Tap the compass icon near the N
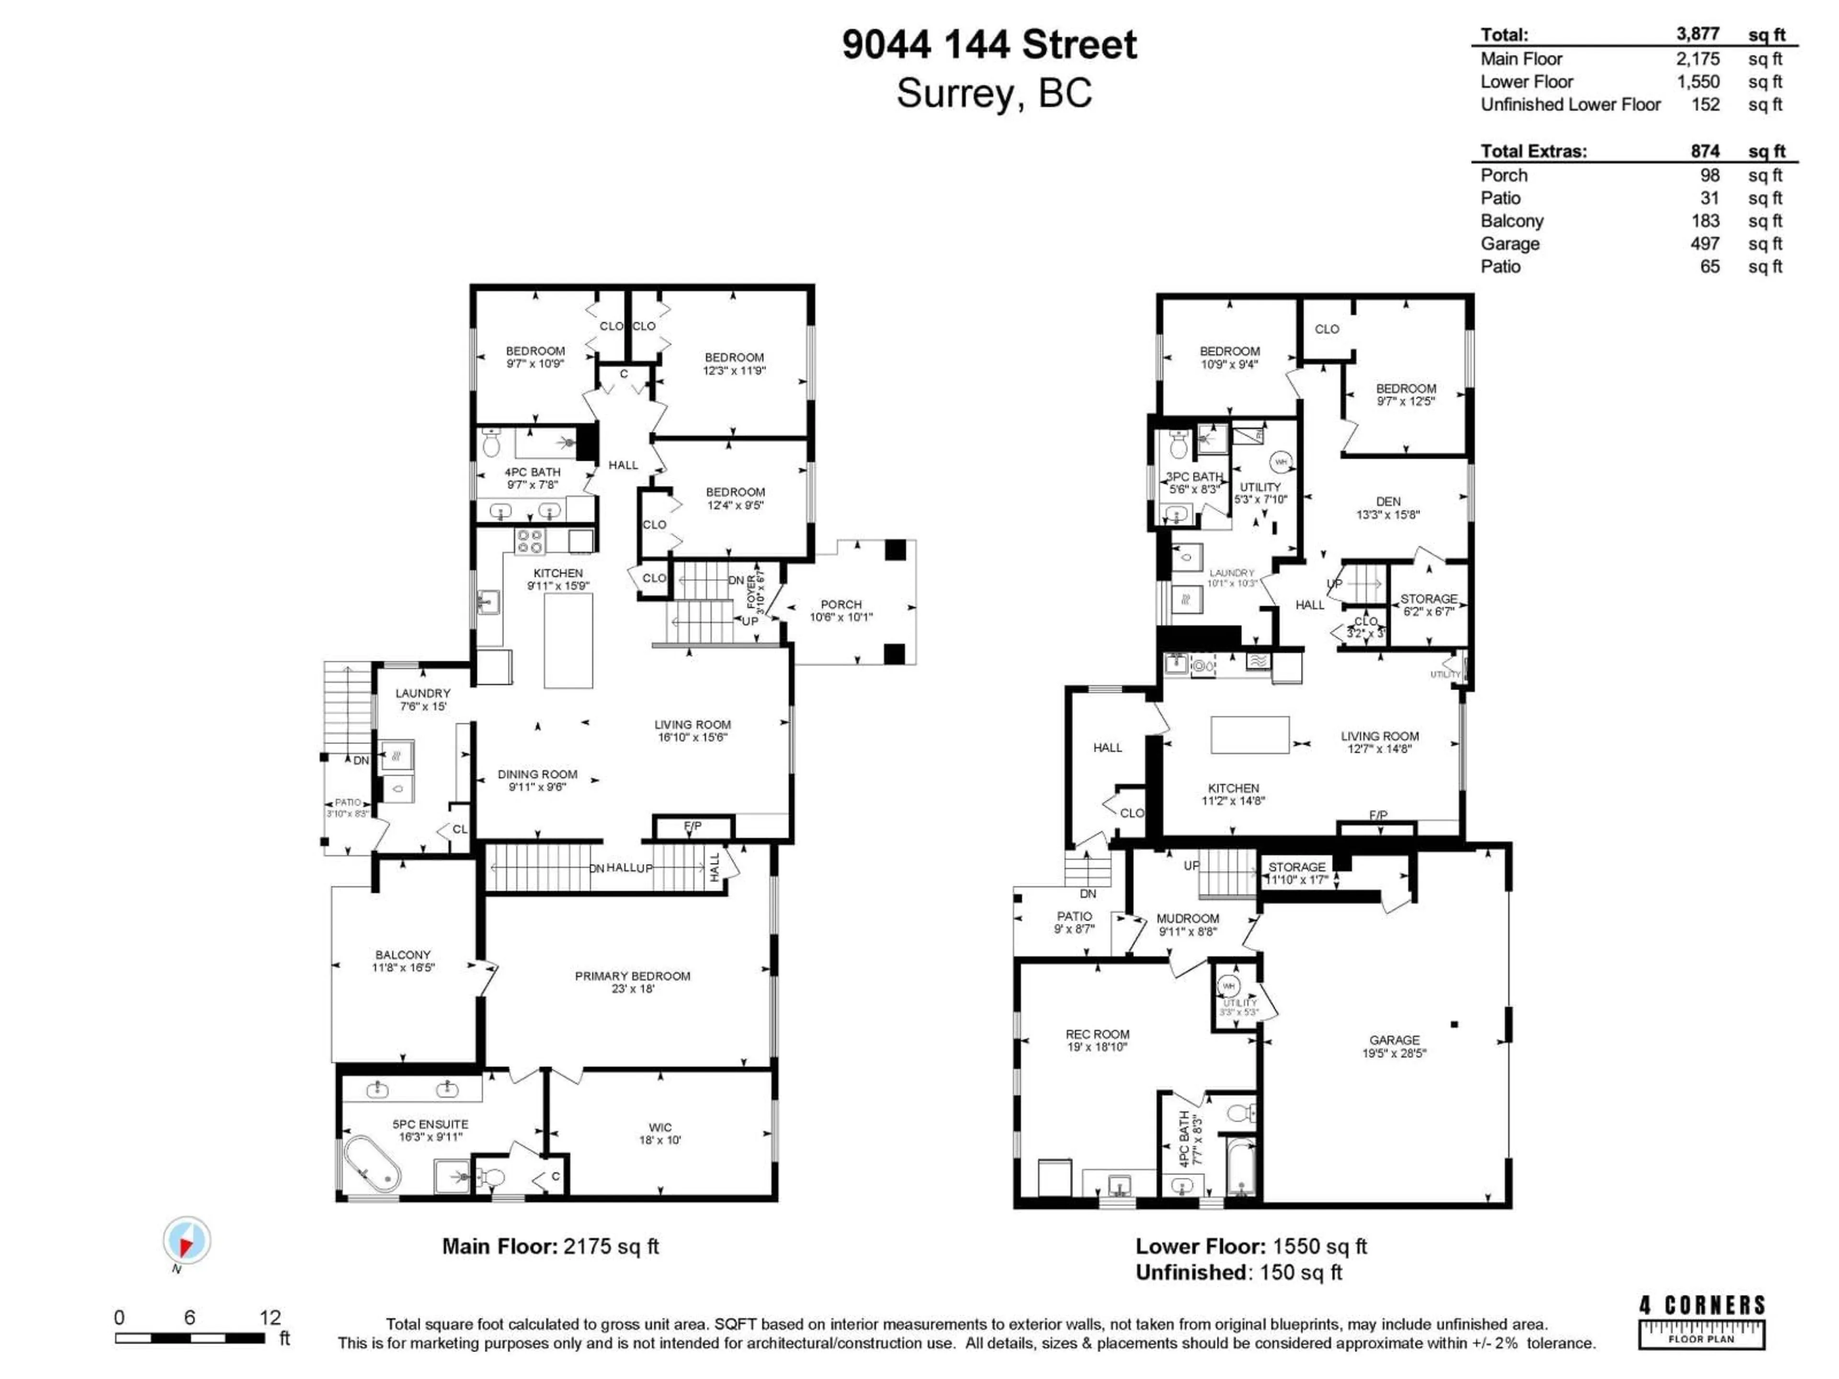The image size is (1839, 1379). pyautogui.click(x=186, y=1240)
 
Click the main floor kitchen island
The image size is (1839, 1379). pyautogui.click(x=568, y=641)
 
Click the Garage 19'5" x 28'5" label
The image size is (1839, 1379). pyautogui.click(x=1394, y=1046)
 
